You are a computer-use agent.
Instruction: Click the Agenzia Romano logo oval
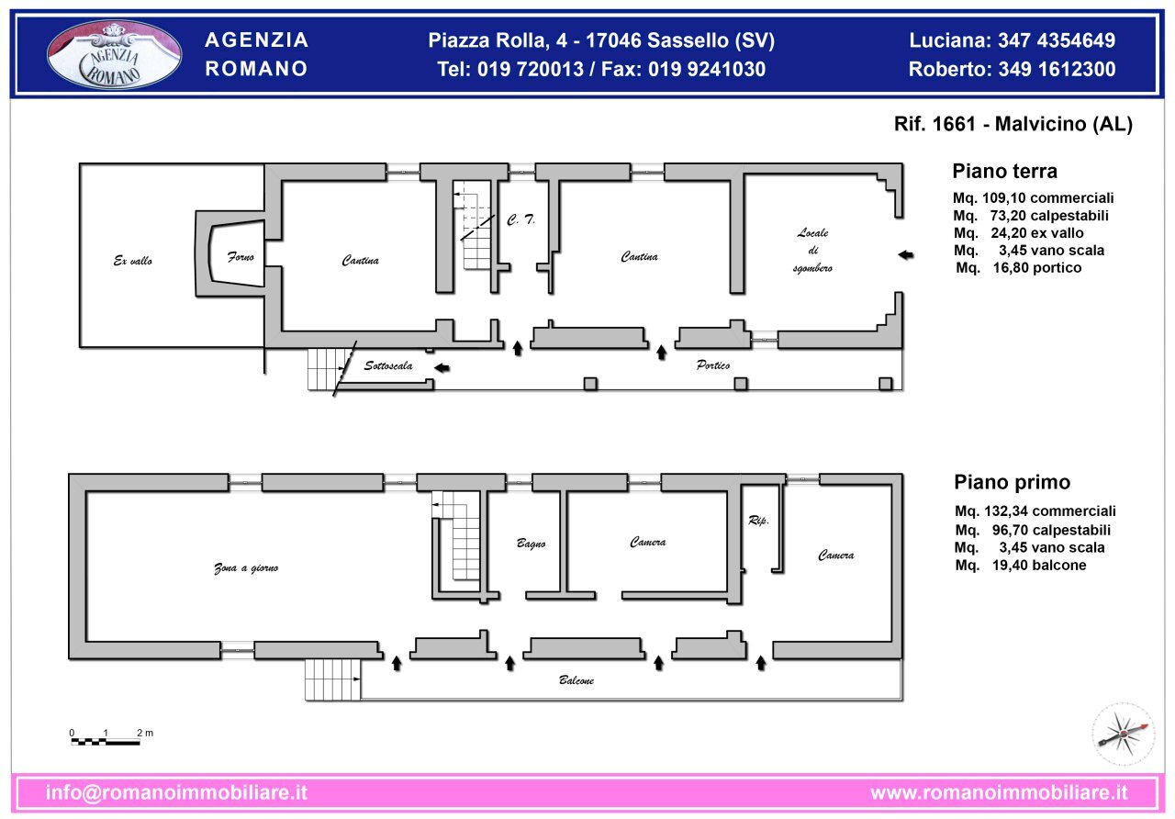pyautogui.click(x=115, y=55)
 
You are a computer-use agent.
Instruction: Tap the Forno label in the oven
pyautogui.click(x=241, y=257)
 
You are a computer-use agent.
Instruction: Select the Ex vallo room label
pyautogui.click(x=133, y=262)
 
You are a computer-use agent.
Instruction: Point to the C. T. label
pyautogui.click(x=520, y=220)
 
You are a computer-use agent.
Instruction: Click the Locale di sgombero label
pyautogui.click(x=812, y=250)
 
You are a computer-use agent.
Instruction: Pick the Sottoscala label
pyautogui.click(x=388, y=365)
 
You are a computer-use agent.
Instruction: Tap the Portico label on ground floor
pyautogui.click(x=713, y=365)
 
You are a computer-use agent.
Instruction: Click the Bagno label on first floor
pyautogui.click(x=531, y=544)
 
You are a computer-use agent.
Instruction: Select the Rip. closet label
pyautogui.click(x=758, y=521)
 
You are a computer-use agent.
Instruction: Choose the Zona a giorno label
pyautogui.click(x=246, y=568)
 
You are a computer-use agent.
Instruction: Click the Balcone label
pyautogui.click(x=576, y=680)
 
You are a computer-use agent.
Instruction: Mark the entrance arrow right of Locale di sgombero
pyautogui.click(x=906, y=255)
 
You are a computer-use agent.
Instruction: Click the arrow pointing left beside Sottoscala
pyautogui.click(x=442, y=368)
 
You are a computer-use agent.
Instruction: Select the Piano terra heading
pyautogui.click(x=1004, y=171)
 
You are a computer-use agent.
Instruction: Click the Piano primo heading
pyautogui.click(x=1012, y=482)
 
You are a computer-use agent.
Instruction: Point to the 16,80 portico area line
pyautogui.click(x=1019, y=268)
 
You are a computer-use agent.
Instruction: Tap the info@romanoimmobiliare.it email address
pyautogui.click(x=176, y=792)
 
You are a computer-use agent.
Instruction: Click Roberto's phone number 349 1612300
pyautogui.click(x=1012, y=69)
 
